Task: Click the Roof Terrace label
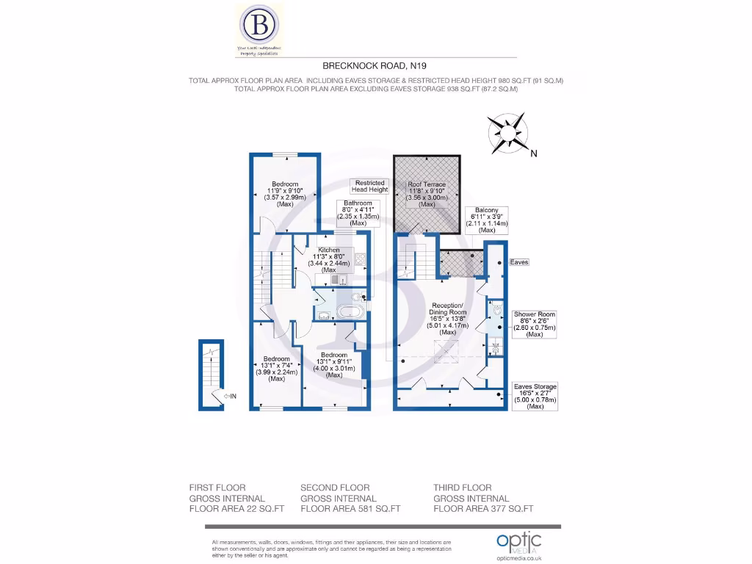[x=427, y=194]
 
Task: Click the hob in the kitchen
[x=360, y=259]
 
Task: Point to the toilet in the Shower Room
[x=496, y=311]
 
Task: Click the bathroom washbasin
[x=323, y=314]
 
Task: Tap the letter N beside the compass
[x=534, y=153]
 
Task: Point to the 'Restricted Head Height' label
[x=369, y=187]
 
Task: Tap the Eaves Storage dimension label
[x=535, y=396]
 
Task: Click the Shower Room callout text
[x=535, y=324]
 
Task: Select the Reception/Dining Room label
[x=447, y=319]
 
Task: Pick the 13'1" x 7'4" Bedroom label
[x=276, y=369]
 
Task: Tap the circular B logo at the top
[x=259, y=27]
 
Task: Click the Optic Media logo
[x=518, y=544]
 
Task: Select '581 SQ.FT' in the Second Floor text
[x=375, y=508]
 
